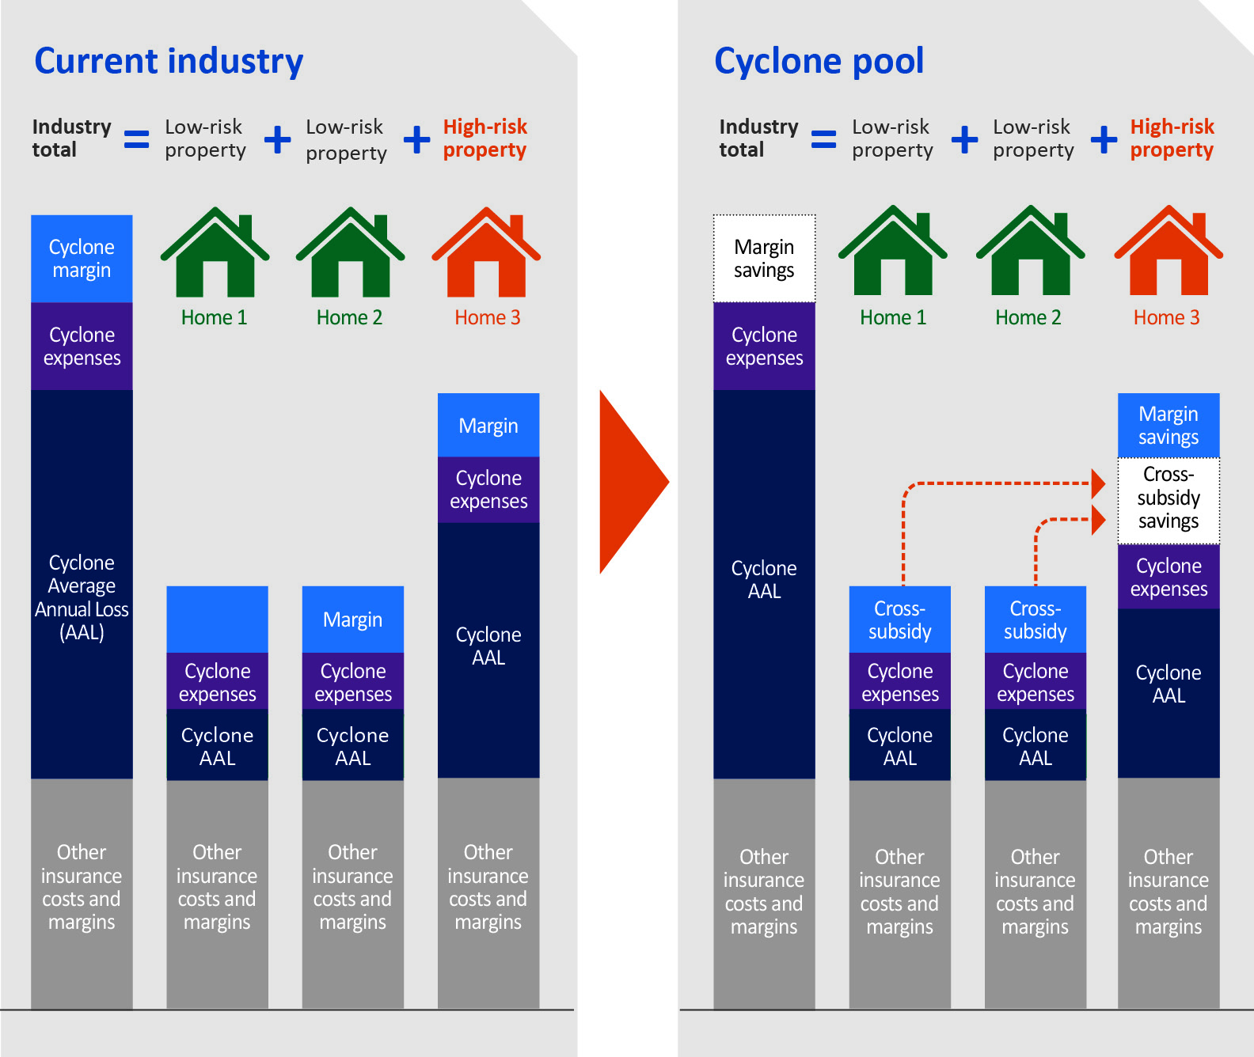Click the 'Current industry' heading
169,62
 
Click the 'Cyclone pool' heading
819,62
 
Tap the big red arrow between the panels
631,481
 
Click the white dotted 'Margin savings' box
764,259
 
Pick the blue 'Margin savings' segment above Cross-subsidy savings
1168,426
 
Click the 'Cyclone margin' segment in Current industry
82,259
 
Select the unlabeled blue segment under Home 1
217,619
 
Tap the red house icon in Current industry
486,253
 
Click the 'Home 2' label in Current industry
349,318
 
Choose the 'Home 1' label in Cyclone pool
893,318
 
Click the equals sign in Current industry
136,140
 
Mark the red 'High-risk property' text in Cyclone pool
1172,138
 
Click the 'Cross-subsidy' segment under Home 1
900,619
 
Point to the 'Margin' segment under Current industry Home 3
488,426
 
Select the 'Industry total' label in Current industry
71,138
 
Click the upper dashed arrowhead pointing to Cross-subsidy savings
1098,483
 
